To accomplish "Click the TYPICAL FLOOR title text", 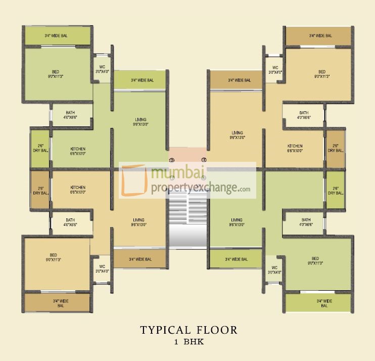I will pyautogui.click(x=188, y=331).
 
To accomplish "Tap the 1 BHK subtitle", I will pyautogui.click(x=188, y=342).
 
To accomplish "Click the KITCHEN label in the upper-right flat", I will pyautogui.click(x=295, y=148).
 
